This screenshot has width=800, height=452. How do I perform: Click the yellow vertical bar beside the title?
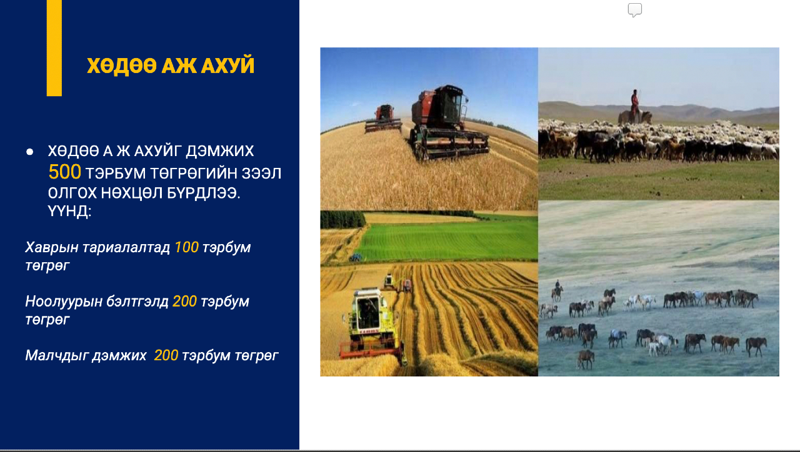[x=54, y=48]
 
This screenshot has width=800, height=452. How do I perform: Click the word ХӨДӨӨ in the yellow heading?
[x=122, y=66]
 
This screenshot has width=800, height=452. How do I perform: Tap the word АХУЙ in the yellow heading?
[x=227, y=65]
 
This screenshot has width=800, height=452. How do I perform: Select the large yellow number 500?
[x=64, y=172]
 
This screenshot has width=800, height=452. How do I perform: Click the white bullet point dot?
[x=29, y=152]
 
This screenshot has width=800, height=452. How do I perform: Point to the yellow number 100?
[x=186, y=247]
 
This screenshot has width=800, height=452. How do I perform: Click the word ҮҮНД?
[x=69, y=210]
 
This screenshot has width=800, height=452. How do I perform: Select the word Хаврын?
[x=52, y=248]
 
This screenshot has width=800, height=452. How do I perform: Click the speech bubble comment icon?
[x=635, y=10]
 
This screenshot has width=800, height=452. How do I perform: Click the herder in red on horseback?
[x=634, y=107]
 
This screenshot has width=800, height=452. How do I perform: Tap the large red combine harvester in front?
[x=449, y=122]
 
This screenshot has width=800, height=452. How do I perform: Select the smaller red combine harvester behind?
[x=384, y=119]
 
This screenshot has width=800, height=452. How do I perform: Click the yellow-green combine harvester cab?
[x=369, y=310]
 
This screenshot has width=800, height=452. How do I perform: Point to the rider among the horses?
[x=557, y=290]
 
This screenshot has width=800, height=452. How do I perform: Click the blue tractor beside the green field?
[x=356, y=257]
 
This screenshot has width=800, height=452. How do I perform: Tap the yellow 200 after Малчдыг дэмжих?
[x=166, y=355]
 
